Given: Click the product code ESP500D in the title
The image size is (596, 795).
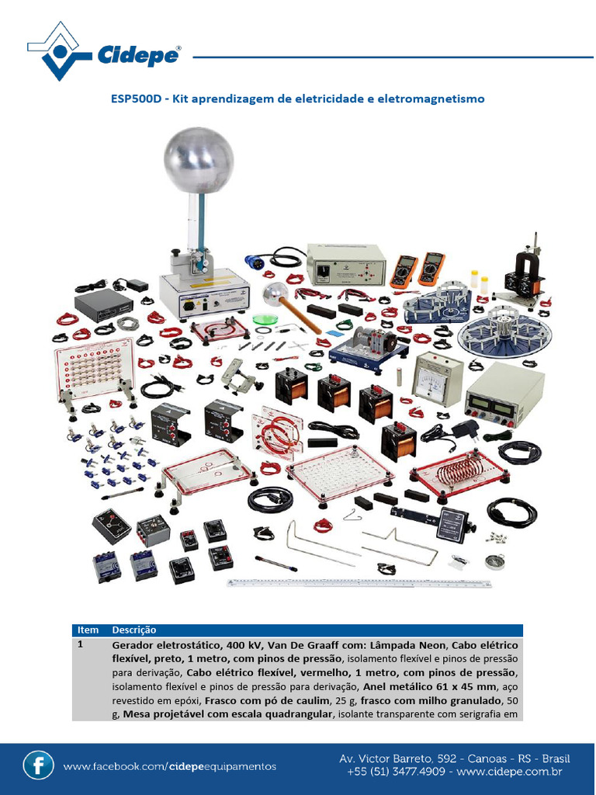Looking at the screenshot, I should pos(137,99).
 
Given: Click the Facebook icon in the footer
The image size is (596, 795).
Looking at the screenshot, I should pos(38,765).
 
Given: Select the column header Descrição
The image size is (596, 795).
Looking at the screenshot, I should pos(134,630).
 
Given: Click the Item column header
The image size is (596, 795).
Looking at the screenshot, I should pos(88,630).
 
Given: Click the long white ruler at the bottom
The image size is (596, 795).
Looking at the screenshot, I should pos(359,582).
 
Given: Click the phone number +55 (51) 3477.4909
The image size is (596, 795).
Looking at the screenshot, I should pos(396,772).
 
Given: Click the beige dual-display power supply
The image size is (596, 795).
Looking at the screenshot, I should pos(503,395).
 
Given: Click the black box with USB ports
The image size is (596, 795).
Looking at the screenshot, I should pos(104,307).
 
